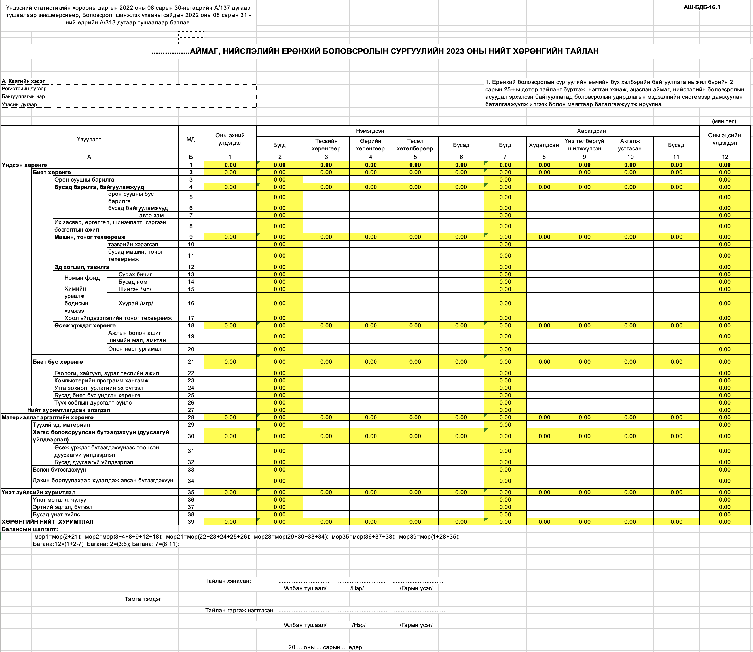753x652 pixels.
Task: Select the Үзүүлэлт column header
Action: pos(89,139)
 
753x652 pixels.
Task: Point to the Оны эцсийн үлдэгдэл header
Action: pos(724,139)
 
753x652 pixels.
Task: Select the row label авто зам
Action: pos(151,215)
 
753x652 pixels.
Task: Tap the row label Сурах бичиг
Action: pos(135,274)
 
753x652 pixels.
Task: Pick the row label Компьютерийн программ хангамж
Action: pos(101,380)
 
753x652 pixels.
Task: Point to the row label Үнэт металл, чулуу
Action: pos(59,500)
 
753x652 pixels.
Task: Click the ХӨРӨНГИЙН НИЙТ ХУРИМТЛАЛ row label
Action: pos(47,522)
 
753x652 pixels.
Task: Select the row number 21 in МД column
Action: pos(191,362)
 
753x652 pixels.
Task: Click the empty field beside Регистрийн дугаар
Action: pos(155,89)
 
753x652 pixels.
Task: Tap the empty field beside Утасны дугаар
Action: pos(155,104)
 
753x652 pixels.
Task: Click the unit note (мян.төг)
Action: pos(724,121)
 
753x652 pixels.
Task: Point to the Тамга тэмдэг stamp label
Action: pos(143,599)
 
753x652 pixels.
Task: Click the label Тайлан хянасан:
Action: pos(228,581)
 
